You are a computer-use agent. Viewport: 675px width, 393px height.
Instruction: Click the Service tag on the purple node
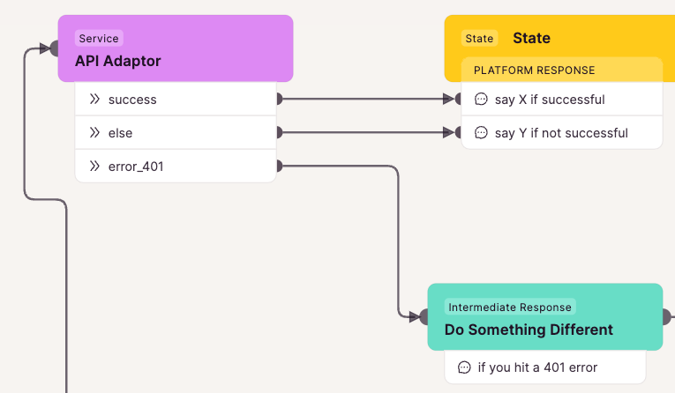(x=99, y=38)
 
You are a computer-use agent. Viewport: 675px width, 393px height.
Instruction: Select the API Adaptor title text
(x=118, y=61)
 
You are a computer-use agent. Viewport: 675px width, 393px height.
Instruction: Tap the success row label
(x=132, y=100)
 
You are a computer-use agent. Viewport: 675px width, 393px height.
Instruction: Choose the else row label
(x=121, y=133)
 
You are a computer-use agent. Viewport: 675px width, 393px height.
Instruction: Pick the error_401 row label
(x=136, y=167)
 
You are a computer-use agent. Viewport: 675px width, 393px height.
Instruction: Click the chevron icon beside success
(x=94, y=100)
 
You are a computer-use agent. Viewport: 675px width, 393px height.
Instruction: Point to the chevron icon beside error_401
(x=94, y=166)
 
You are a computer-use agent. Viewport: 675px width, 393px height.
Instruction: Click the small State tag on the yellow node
(x=480, y=38)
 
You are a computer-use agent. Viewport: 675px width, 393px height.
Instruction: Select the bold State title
(x=532, y=38)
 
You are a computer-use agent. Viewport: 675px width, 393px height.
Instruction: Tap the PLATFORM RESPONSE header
(x=534, y=70)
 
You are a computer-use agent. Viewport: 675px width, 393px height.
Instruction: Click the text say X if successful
(x=550, y=100)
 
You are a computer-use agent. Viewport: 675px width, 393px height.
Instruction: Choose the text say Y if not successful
(x=561, y=133)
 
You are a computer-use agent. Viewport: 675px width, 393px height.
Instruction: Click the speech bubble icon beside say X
(x=481, y=99)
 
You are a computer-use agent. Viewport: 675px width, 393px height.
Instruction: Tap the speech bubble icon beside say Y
(x=481, y=132)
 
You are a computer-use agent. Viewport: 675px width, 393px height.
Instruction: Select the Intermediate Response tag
(x=510, y=307)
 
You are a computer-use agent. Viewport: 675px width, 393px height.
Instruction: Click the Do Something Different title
(x=529, y=330)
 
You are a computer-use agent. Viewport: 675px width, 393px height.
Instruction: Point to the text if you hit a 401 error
(x=537, y=367)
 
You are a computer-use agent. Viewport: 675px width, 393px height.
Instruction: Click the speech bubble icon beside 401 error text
(x=464, y=367)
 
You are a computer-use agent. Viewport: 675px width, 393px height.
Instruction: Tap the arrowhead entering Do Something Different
(x=415, y=317)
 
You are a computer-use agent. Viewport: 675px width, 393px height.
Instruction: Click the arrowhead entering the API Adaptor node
(x=45, y=48)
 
